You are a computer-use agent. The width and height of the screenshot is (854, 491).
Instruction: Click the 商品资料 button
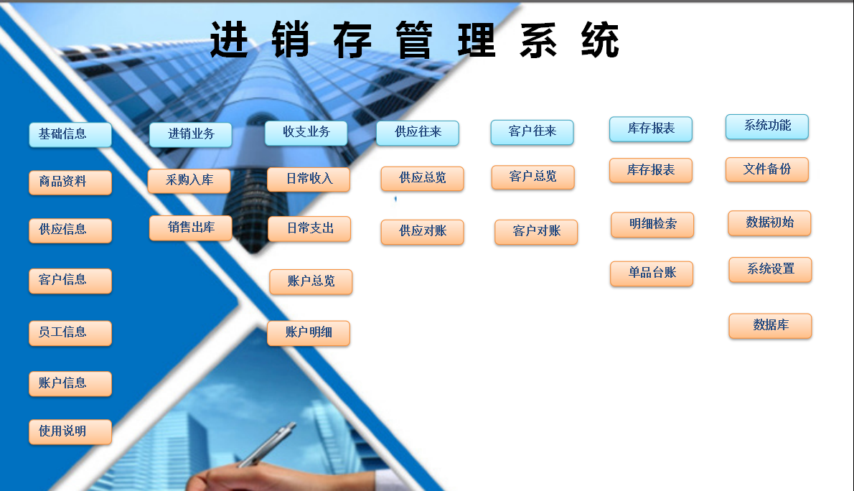click(70, 182)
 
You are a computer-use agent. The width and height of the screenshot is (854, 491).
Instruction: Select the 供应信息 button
click(70, 230)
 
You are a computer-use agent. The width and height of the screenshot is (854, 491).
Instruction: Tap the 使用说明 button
click(70, 431)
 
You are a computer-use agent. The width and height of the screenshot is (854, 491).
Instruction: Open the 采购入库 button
click(189, 181)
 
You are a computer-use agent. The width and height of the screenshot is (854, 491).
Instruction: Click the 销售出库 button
click(191, 228)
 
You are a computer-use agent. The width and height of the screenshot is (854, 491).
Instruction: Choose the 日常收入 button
click(309, 179)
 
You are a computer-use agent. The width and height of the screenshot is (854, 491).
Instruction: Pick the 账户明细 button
click(309, 333)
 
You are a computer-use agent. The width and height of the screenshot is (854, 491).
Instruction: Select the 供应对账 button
click(423, 232)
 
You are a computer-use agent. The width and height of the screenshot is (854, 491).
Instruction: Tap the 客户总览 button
click(533, 177)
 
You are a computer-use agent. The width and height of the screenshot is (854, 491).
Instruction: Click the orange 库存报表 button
click(651, 171)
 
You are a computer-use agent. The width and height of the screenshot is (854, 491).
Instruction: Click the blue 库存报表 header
click(651, 129)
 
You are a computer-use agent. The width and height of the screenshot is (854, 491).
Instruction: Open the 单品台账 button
click(652, 273)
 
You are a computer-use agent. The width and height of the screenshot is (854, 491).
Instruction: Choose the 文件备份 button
click(767, 170)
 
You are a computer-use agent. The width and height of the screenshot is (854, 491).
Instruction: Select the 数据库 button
click(770, 326)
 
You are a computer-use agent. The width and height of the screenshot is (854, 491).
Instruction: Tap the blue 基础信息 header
click(70, 135)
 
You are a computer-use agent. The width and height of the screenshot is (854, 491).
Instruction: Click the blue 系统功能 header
click(767, 126)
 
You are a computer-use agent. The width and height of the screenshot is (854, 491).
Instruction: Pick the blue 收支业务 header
click(306, 133)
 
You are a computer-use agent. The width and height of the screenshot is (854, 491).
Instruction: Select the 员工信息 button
click(70, 333)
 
